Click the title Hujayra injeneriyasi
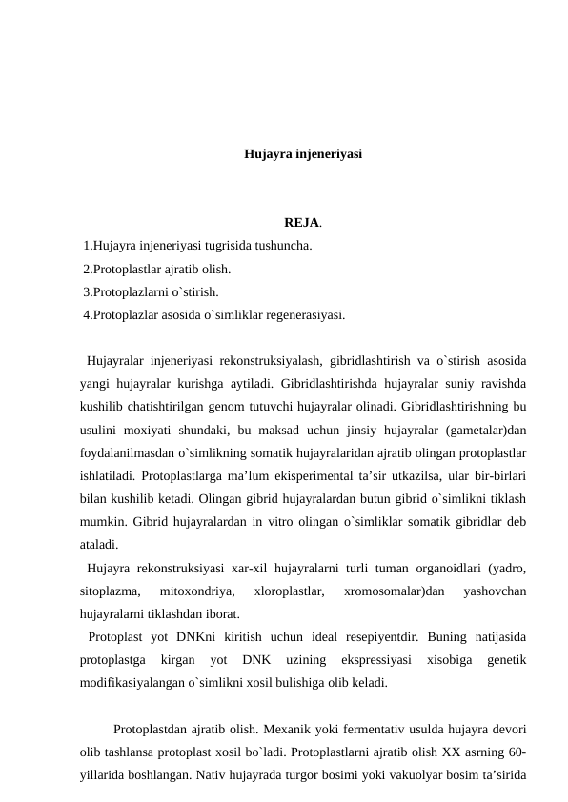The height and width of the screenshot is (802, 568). pyautogui.click(x=303, y=153)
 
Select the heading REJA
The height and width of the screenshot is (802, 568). pyautogui.click(x=301, y=225)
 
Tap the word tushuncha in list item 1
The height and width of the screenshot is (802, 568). pyautogui.click(x=283, y=246)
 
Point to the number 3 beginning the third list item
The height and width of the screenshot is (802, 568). pyautogui.click(x=87, y=291)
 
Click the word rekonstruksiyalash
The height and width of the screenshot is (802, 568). pyautogui.click(x=272, y=361)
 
